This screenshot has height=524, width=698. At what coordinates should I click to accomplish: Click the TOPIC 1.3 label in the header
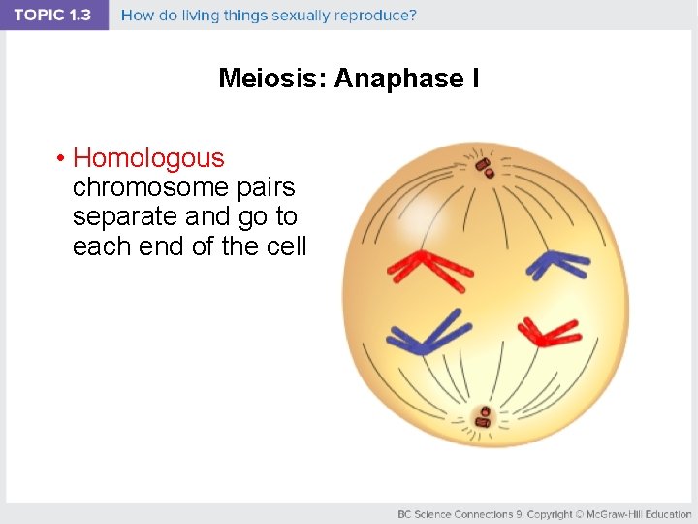click(52, 16)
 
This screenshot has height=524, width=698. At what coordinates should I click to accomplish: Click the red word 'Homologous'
click(148, 158)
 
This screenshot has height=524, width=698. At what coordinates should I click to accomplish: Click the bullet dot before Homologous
click(60, 159)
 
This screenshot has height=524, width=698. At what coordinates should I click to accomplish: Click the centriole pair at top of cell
click(484, 167)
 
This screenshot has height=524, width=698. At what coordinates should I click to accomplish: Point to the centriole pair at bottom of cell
click(483, 417)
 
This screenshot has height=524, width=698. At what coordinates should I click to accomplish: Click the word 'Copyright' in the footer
click(551, 513)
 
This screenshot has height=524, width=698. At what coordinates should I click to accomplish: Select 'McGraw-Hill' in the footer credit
click(615, 513)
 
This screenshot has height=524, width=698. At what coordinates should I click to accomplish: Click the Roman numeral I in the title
click(475, 79)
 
